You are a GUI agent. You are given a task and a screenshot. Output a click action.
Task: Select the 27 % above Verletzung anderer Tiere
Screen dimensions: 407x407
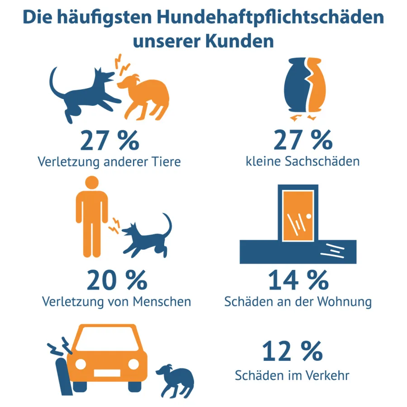109,141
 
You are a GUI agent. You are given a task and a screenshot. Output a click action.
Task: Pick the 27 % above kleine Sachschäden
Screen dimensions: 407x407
303,141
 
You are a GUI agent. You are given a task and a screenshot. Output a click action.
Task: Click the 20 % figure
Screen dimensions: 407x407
117,281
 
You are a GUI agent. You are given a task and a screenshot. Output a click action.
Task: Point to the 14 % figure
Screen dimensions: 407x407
298,281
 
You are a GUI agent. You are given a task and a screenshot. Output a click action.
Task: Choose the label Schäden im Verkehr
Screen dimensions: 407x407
292,375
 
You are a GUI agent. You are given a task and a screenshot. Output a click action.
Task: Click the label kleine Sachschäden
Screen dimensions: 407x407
303,161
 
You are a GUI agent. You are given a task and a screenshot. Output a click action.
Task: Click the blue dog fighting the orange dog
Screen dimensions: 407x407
86,93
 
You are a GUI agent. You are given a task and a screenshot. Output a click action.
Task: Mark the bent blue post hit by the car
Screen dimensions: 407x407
62,371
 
